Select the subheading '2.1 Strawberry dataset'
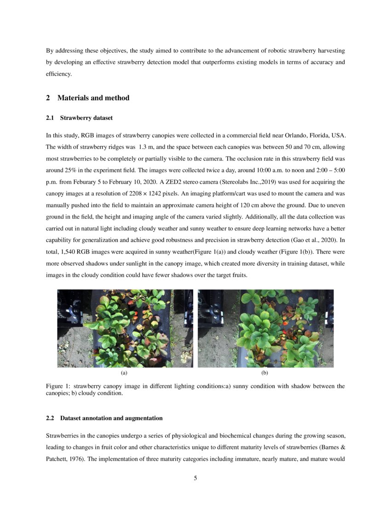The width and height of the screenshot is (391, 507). [x=79, y=118]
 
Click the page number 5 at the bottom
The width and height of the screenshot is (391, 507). [x=195, y=478]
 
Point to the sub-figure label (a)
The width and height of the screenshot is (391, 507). [x=124, y=372]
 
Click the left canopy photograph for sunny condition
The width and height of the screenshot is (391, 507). [x=125, y=328]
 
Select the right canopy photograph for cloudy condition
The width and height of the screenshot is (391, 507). [x=265, y=328]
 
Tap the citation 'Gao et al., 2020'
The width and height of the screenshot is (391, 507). [x=314, y=239]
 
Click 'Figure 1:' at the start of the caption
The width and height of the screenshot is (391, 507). [x=58, y=386]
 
